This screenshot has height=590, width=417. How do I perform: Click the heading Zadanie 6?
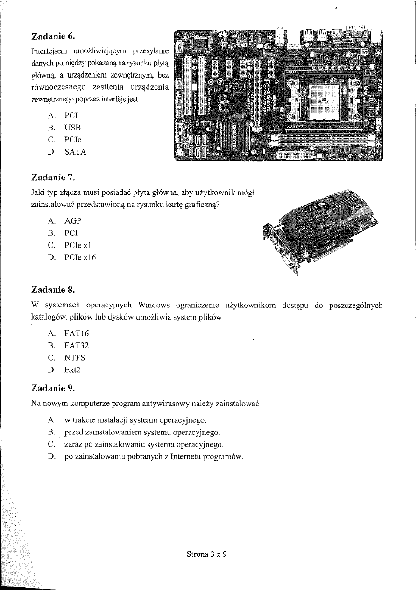(52, 36)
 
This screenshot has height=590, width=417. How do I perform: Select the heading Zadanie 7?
(52, 178)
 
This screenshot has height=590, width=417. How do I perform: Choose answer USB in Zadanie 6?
(73, 128)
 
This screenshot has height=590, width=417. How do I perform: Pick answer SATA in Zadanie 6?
(75, 152)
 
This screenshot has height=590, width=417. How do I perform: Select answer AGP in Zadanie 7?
(72, 220)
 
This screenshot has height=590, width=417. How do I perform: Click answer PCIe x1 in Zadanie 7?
(78, 245)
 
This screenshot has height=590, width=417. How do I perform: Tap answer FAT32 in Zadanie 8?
(77, 346)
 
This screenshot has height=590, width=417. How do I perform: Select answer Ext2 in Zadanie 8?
(73, 370)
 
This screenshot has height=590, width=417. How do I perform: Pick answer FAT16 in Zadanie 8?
(77, 334)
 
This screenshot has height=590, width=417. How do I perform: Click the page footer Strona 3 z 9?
(206, 554)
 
